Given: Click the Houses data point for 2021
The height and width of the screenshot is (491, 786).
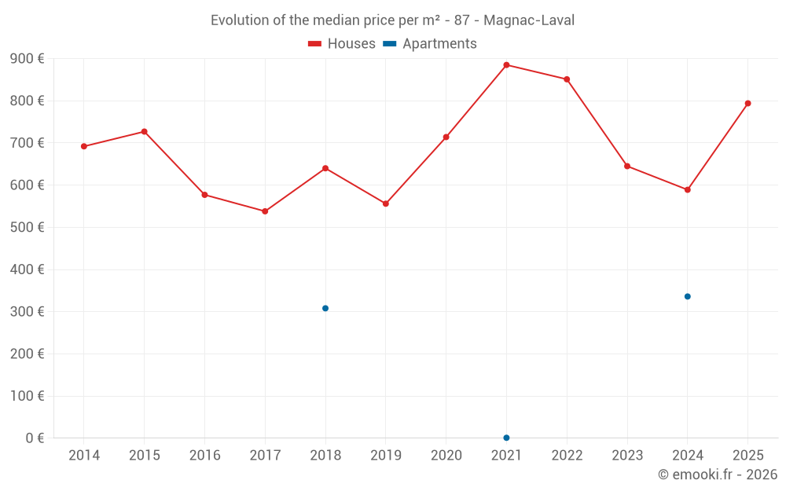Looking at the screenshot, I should pos(506,65).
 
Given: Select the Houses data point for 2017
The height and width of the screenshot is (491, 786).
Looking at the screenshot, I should pos(265,211).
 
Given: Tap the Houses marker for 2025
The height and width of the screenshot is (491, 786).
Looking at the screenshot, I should pos(747,103).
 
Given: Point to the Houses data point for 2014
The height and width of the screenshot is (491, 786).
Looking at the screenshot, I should pos(84,146).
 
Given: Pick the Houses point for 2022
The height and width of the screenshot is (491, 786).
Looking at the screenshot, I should pos(567,79).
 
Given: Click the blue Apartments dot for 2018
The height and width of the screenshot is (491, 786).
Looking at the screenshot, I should pos(325,308).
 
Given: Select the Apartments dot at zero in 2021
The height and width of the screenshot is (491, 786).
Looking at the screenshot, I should pos(506,438).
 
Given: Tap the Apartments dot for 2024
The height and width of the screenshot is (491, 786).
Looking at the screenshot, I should pos(687,296).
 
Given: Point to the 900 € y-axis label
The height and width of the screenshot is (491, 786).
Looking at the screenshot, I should pos(28,59).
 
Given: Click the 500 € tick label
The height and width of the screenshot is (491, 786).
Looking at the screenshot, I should pos(28,228).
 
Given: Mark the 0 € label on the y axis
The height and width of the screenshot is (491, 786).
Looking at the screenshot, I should pos(33,438).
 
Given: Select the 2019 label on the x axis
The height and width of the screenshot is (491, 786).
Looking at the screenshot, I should pos(385,456).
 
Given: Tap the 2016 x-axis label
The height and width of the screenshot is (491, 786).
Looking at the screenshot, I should pos(204,456).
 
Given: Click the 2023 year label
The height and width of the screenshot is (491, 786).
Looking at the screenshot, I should pos(627,456).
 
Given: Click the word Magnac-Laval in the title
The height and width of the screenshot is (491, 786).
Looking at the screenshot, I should pos(529,20).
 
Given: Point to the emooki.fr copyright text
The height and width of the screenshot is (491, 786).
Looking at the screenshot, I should pos(718,475).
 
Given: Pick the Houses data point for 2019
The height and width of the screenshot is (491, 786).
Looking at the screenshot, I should pos(385,203).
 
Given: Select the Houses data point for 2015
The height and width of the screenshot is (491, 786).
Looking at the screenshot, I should pos(145,131).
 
